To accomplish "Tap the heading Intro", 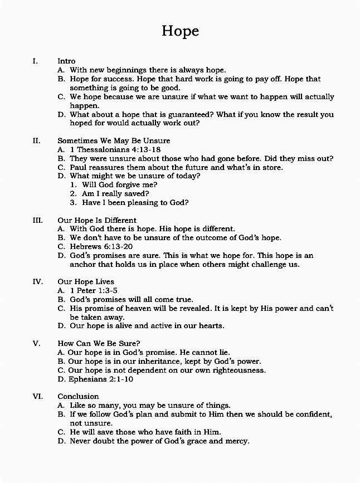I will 66,61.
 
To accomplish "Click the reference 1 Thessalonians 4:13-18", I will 115,149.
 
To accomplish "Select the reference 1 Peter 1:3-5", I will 94,290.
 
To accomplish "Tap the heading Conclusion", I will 78,396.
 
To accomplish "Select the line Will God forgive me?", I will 120,185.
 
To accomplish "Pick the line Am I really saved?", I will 115,194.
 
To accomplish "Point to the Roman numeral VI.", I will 38,396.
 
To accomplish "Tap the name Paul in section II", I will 79,167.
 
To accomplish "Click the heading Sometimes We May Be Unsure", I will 114,140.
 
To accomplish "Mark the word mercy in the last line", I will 237,441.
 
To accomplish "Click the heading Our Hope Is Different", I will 97,220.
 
